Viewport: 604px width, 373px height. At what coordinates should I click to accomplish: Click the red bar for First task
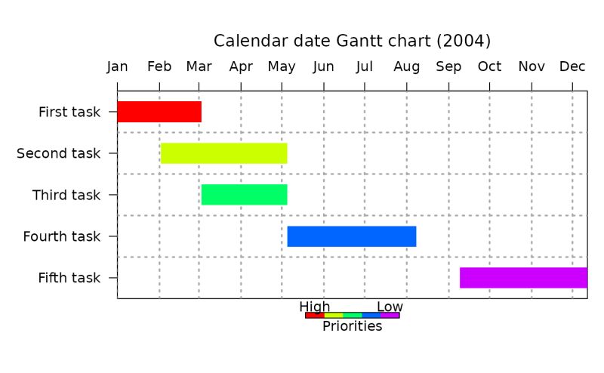(x=159, y=112)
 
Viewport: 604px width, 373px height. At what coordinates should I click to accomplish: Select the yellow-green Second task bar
(x=223, y=153)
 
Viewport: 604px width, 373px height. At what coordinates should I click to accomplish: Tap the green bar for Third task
(x=244, y=195)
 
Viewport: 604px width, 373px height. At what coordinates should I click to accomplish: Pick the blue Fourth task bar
(x=352, y=236)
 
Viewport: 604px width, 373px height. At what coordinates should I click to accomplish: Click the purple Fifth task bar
(x=523, y=278)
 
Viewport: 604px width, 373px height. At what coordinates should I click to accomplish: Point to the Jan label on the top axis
(x=117, y=67)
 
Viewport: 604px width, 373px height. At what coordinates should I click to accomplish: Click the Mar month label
(x=199, y=67)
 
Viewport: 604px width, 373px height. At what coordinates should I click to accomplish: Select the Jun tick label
(x=324, y=67)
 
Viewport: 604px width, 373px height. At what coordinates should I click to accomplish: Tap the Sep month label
(x=448, y=67)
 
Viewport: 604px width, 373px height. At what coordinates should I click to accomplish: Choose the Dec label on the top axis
(x=572, y=67)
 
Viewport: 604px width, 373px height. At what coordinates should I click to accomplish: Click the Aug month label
(x=407, y=67)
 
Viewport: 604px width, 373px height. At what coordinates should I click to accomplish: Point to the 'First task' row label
(x=69, y=113)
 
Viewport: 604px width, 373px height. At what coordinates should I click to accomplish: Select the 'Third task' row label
(x=66, y=196)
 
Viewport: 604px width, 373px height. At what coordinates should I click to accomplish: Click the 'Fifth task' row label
(x=69, y=279)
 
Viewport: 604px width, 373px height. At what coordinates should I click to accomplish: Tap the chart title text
(x=352, y=41)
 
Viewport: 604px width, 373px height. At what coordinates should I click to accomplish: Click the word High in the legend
(x=315, y=307)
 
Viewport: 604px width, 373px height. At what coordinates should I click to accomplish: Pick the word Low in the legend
(x=390, y=307)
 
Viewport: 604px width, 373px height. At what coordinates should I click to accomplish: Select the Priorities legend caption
(x=352, y=326)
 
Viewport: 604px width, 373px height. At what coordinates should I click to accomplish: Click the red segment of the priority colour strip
(x=315, y=315)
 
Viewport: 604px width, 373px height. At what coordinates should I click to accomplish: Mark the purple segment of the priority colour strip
(x=390, y=315)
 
